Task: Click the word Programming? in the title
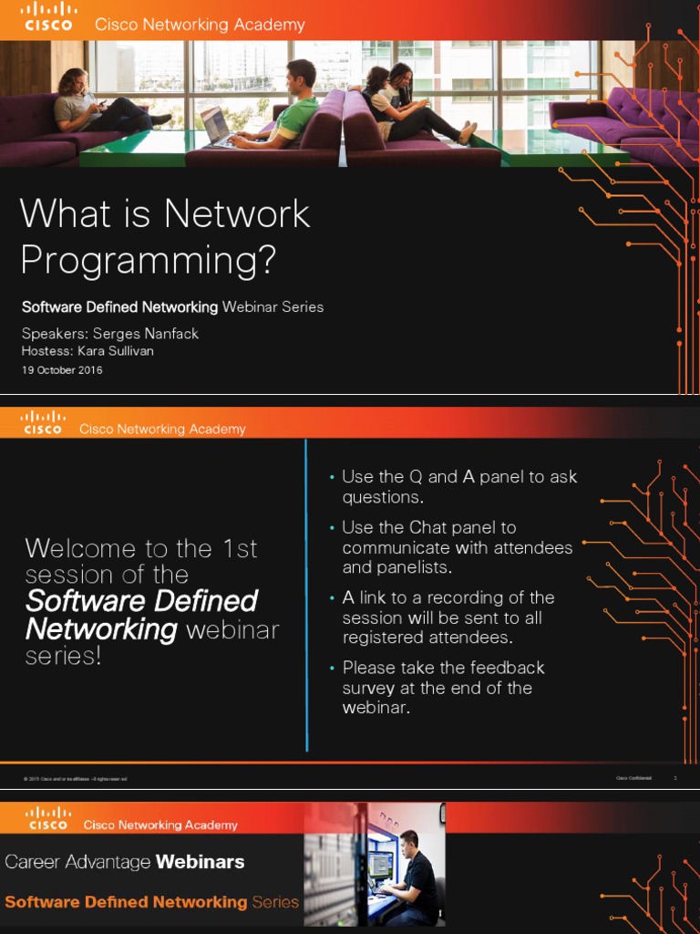tap(148, 261)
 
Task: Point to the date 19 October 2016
tap(62, 370)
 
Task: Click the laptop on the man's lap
tap(215, 126)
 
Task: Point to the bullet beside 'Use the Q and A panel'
tap(332, 478)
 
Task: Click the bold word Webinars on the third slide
tap(200, 862)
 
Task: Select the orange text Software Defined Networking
tap(126, 902)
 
